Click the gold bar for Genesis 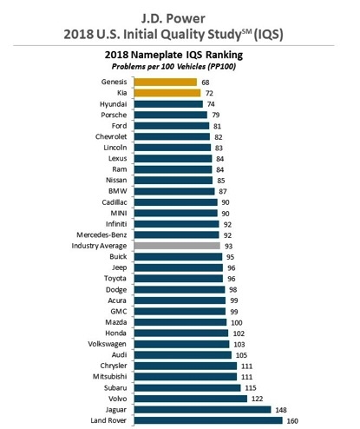(x=166, y=82)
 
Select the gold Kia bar (x=167, y=93)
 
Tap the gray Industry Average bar (x=177, y=246)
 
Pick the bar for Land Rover (x=208, y=420)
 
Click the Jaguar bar (x=203, y=410)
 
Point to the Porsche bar (x=171, y=115)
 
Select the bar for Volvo (x=191, y=399)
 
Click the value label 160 (x=292, y=421)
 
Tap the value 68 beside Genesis (x=206, y=82)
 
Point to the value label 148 (x=281, y=410)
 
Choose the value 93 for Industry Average (x=228, y=247)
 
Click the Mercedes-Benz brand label (x=101, y=234)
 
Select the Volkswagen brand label (x=108, y=344)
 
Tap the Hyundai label (x=114, y=104)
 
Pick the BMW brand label (x=118, y=191)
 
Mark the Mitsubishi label (x=109, y=376)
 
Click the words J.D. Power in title (x=173, y=19)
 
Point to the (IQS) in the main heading (x=268, y=35)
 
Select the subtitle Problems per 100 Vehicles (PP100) (x=173, y=67)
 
